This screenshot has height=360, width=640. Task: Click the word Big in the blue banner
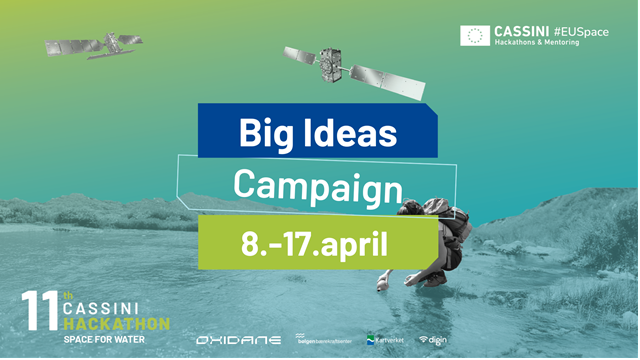(262, 133)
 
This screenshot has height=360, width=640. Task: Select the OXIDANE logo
(236, 340)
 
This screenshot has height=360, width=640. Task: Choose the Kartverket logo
(386, 340)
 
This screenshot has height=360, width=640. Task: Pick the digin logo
(433, 340)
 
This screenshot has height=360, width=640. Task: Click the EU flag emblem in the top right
(475, 36)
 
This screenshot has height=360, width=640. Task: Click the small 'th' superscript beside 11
(68, 296)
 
